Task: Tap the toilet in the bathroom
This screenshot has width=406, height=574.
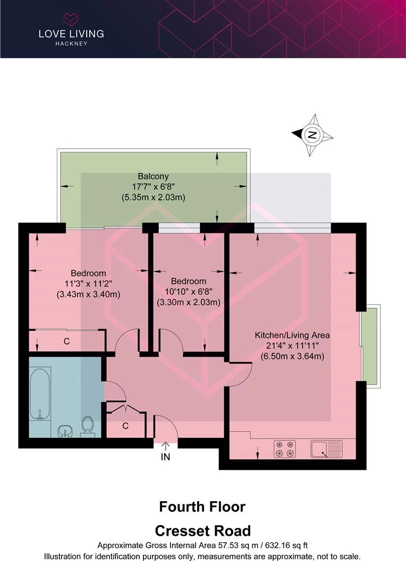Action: [x=88, y=426]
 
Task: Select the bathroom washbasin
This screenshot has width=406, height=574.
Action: [x=65, y=431]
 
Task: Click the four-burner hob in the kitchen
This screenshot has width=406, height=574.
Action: [x=285, y=449]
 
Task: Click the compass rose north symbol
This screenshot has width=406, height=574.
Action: [x=312, y=134]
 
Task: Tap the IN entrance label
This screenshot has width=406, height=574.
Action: [x=165, y=457]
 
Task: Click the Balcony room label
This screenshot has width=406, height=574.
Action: [x=153, y=176]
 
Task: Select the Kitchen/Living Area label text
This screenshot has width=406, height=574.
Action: [x=292, y=335]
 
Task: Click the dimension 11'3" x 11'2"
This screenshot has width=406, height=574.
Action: [x=88, y=283]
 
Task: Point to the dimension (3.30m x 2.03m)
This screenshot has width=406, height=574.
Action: [x=189, y=302]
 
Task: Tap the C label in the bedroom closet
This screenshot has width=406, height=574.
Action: [x=66, y=341]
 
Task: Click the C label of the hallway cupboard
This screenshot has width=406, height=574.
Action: [x=125, y=426]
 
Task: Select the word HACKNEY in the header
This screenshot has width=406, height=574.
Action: [x=71, y=44]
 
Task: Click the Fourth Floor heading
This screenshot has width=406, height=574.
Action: [x=202, y=507]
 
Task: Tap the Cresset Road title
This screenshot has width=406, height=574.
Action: [x=203, y=530]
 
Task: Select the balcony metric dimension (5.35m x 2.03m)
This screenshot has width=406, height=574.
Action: [x=154, y=197]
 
